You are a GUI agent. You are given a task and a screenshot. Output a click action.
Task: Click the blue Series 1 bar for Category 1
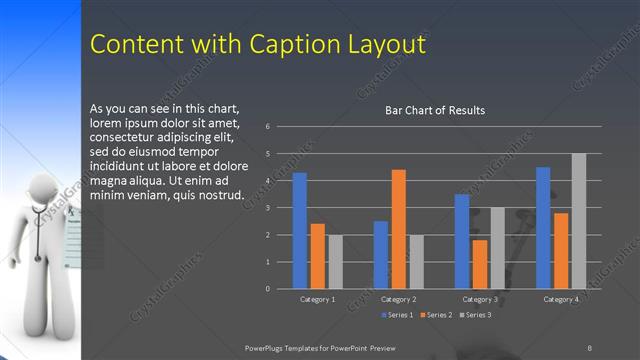click(x=299, y=231)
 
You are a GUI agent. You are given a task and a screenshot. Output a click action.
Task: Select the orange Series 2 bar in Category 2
click(x=398, y=229)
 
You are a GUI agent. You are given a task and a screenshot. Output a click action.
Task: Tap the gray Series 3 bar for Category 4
click(x=578, y=221)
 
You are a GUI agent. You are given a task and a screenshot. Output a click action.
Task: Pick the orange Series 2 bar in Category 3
click(x=480, y=264)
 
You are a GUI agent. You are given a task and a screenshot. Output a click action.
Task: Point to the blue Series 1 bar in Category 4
click(x=543, y=228)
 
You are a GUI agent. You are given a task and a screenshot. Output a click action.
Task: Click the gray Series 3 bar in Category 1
click(x=335, y=262)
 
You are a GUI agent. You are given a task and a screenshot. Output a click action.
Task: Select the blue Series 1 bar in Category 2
click(x=381, y=255)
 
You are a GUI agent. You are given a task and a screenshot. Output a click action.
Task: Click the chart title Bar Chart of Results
click(x=435, y=110)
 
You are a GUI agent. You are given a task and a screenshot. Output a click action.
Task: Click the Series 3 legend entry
click(x=476, y=315)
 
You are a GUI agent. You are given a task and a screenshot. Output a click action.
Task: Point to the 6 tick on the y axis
click(x=268, y=127)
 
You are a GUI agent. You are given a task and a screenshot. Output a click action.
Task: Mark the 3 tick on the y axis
click(x=268, y=208)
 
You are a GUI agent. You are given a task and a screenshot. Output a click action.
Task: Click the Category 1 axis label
click(x=318, y=299)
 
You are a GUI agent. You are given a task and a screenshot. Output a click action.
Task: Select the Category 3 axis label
click(x=480, y=299)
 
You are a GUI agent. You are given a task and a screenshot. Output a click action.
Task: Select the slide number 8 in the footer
click(x=589, y=347)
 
